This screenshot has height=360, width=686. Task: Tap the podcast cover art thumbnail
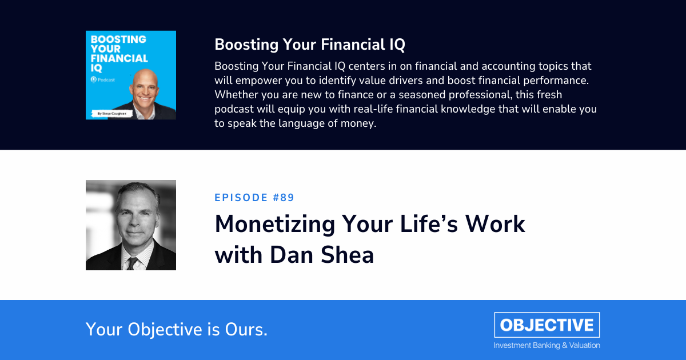(131, 75)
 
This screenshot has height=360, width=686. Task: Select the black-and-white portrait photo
(131, 225)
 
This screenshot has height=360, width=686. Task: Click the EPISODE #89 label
(254, 198)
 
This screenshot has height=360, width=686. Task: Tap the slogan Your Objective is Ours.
(177, 329)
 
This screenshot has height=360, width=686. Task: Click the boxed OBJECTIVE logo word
(547, 325)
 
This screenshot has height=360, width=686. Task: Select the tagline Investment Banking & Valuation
(547, 345)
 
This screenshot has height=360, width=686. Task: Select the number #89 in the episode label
(284, 198)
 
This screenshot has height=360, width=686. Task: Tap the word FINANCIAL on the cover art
(117, 58)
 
